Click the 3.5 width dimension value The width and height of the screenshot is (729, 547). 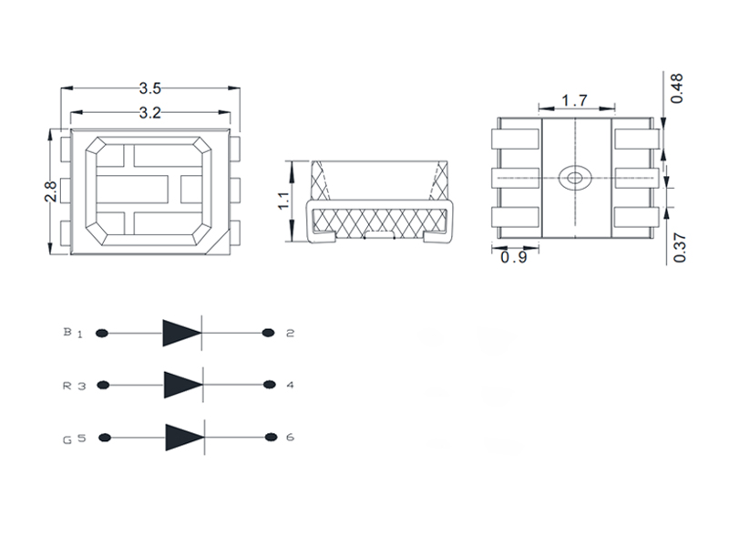click(x=150, y=88)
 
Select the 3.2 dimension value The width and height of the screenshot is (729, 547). click(x=150, y=113)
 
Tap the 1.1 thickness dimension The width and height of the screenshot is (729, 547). click(x=283, y=201)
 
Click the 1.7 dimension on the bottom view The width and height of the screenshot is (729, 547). click(x=573, y=99)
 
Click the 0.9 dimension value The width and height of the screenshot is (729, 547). click(x=515, y=258)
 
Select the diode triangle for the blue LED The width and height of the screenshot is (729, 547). click(x=181, y=334)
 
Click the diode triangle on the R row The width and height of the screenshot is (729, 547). click(x=181, y=385)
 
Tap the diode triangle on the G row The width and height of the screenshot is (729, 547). click(x=182, y=437)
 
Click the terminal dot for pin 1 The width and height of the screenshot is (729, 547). click(x=102, y=334)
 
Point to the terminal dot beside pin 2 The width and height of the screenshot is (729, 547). click(x=269, y=333)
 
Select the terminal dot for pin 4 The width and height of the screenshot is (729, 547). click(x=269, y=385)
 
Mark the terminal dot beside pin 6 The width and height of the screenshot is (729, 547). click(x=270, y=437)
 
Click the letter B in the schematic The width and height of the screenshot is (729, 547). click(x=67, y=332)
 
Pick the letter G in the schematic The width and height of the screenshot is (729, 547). click(x=67, y=439)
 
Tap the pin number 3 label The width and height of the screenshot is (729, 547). click(x=80, y=386)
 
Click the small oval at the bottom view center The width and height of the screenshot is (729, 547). click(x=574, y=177)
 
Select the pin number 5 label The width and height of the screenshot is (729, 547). click(x=80, y=438)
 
